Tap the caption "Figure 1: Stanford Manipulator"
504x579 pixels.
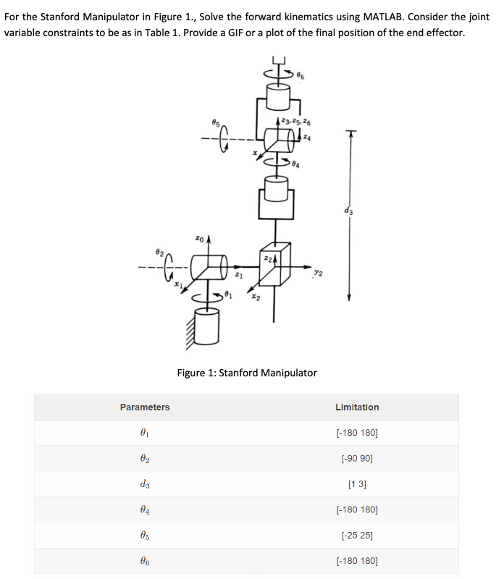tap(247, 373)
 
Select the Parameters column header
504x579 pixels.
tap(145, 407)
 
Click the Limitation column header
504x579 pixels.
tap(357, 407)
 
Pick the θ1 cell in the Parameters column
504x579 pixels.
tap(145, 434)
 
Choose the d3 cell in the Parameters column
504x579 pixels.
tap(145, 484)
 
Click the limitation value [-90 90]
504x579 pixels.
tap(357, 459)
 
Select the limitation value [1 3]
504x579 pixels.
tap(357, 484)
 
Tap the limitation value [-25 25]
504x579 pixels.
tap(357, 535)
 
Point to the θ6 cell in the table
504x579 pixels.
tap(145, 560)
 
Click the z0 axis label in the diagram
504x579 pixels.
tap(199, 237)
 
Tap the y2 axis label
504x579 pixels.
tap(318, 273)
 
